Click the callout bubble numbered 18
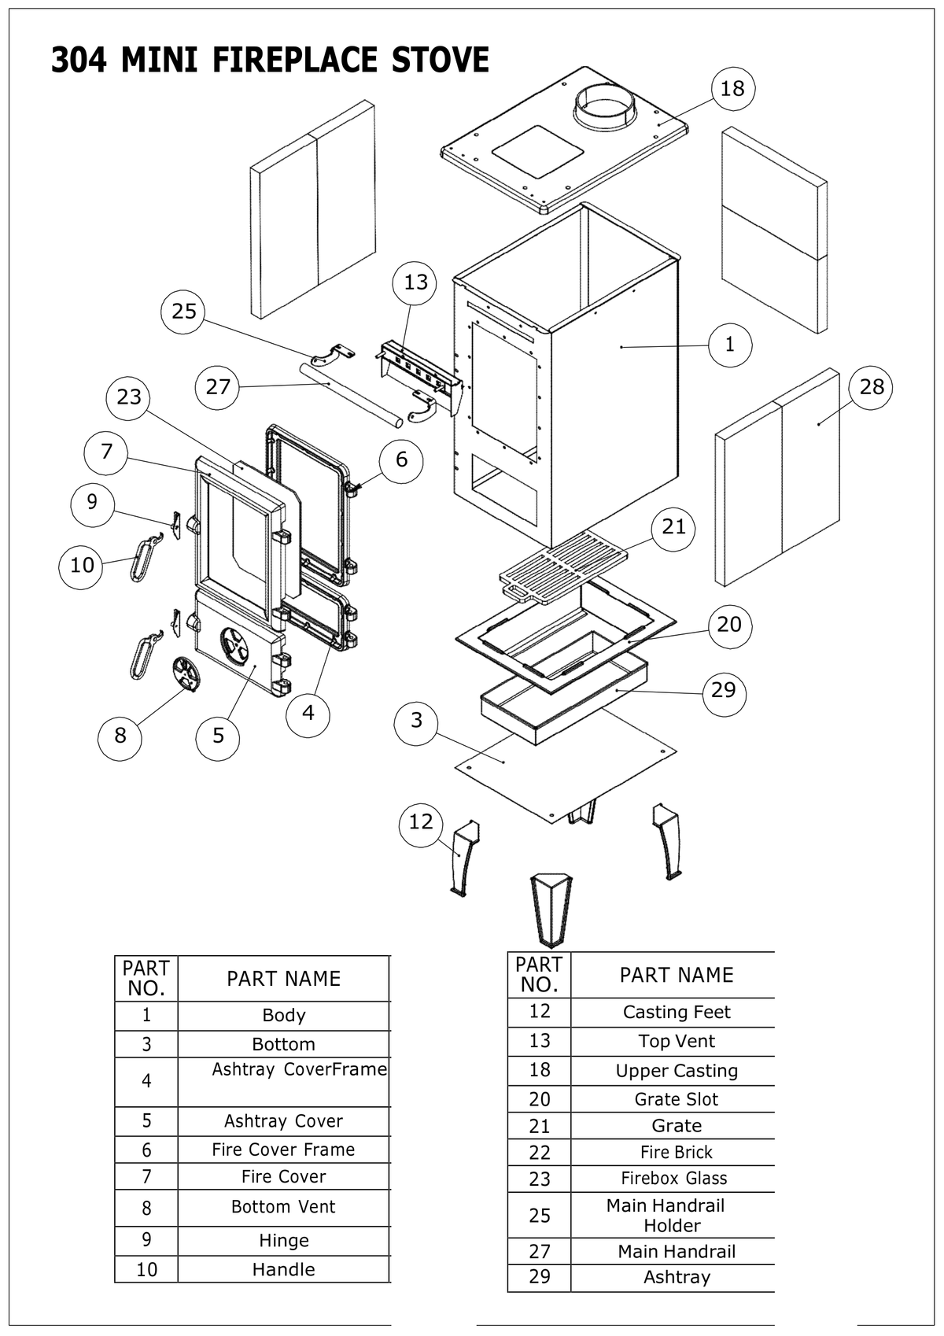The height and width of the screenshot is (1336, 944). click(732, 88)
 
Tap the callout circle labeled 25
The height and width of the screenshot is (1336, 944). click(183, 312)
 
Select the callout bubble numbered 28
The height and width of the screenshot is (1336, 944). click(871, 387)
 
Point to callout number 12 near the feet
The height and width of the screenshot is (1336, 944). click(420, 822)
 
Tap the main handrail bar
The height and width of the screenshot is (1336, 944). click(351, 395)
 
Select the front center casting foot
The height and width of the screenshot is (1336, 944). click(551, 911)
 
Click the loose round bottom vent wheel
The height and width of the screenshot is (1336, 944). click(186, 674)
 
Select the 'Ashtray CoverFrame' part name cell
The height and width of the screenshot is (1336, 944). click(300, 1069)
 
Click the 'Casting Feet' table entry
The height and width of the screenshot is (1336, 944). click(677, 1012)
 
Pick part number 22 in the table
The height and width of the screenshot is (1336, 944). click(539, 1153)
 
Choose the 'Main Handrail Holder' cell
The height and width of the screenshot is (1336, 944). click(666, 1215)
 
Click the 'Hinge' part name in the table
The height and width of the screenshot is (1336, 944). click(284, 1241)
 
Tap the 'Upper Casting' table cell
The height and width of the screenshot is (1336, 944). click(677, 1071)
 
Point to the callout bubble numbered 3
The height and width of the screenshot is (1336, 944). click(416, 721)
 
